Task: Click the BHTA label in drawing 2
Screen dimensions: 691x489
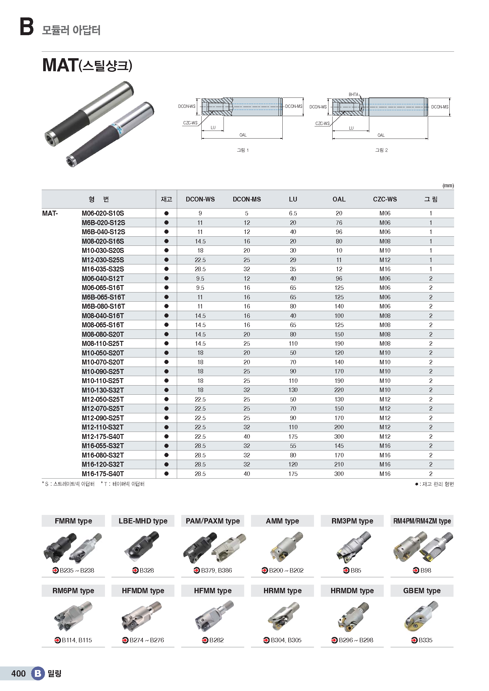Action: (x=353, y=95)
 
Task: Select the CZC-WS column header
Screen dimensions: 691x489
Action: (x=385, y=199)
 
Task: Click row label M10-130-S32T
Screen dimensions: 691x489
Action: (x=103, y=390)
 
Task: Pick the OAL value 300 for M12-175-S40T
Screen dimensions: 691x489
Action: (x=339, y=437)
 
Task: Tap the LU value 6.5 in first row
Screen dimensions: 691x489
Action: (x=293, y=213)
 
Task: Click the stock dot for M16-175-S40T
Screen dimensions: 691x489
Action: (x=166, y=474)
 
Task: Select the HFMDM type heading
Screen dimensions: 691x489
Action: (x=143, y=591)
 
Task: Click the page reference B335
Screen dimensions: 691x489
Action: (x=425, y=640)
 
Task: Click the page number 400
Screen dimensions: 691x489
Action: (x=18, y=674)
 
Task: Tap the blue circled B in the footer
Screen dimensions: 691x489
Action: (x=38, y=673)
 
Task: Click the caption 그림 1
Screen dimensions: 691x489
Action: (x=243, y=150)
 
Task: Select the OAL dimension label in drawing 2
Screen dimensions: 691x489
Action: (x=381, y=135)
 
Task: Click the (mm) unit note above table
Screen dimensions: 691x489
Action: (x=448, y=186)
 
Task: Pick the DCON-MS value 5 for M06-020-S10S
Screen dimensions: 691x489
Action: (x=246, y=213)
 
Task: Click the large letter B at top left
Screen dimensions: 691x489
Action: (x=27, y=27)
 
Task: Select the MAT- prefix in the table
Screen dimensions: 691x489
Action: (x=50, y=213)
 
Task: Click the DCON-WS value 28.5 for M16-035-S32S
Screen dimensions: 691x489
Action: (x=200, y=269)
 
